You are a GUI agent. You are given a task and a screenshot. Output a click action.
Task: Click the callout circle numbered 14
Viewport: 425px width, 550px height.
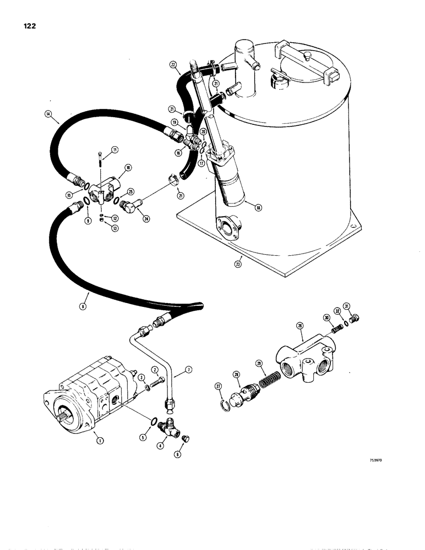coord(48,114)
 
